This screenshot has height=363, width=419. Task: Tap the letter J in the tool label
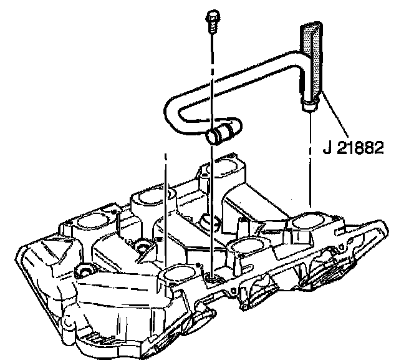coord(326,148)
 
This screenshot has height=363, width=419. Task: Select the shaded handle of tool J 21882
coord(312,56)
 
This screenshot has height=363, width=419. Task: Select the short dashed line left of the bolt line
coord(166,206)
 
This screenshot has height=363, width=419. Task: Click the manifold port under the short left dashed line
coord(176,273)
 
